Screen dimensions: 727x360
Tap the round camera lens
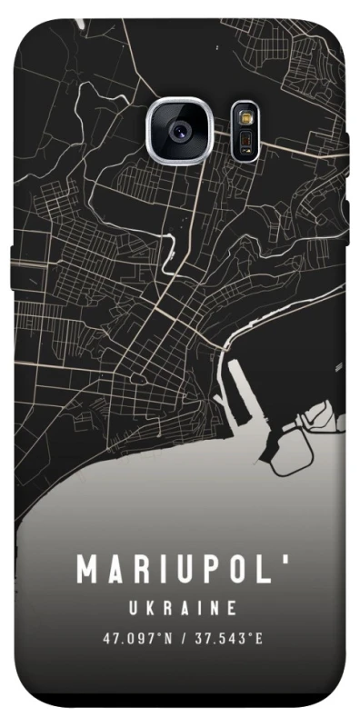(178, 130)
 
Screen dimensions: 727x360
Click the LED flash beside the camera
(244, 118)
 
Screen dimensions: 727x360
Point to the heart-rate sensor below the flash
(244, 141)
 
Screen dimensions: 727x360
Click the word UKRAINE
(182, 606)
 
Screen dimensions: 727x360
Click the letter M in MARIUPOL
(88, 570)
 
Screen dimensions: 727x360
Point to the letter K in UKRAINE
(152, 606)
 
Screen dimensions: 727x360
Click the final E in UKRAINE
(233, 606)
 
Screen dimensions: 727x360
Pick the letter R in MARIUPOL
(140, 570)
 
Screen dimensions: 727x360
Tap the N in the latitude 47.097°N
(167, 638)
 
